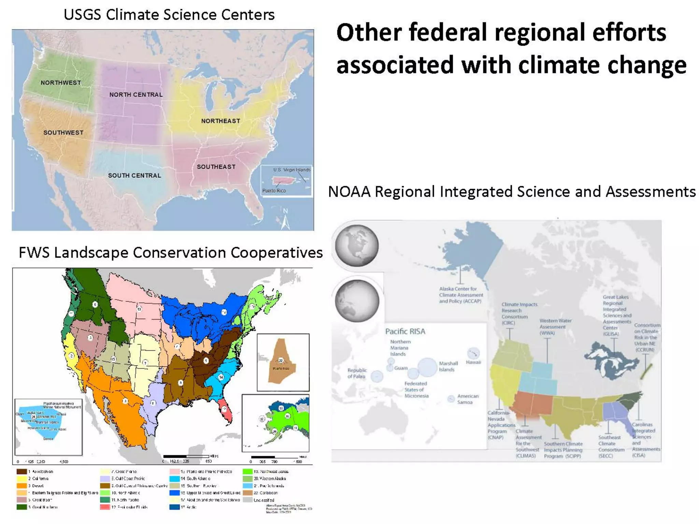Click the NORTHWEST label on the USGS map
[x=61, y=83]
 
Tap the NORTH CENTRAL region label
[x=136, y=94]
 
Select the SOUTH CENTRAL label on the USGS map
[x=134, y=175]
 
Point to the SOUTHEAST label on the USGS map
[x=216, y=166]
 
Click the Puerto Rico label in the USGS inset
[x=274, y=191]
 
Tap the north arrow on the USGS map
[x=285, y=218]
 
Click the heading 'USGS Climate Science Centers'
[x=169, y=15]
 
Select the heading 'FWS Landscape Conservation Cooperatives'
[x=170, y=253]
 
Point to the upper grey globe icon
[x=357, y=246]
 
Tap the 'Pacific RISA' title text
[x=405, y=331]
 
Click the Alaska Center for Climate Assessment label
[x=461, y=295]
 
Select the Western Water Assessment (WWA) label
[x=555, y=327]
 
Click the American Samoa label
[x=467, y=399]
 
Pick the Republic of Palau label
[x=357, y=373]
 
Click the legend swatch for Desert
[x=22, y=486]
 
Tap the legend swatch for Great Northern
[x=22, y=507]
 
